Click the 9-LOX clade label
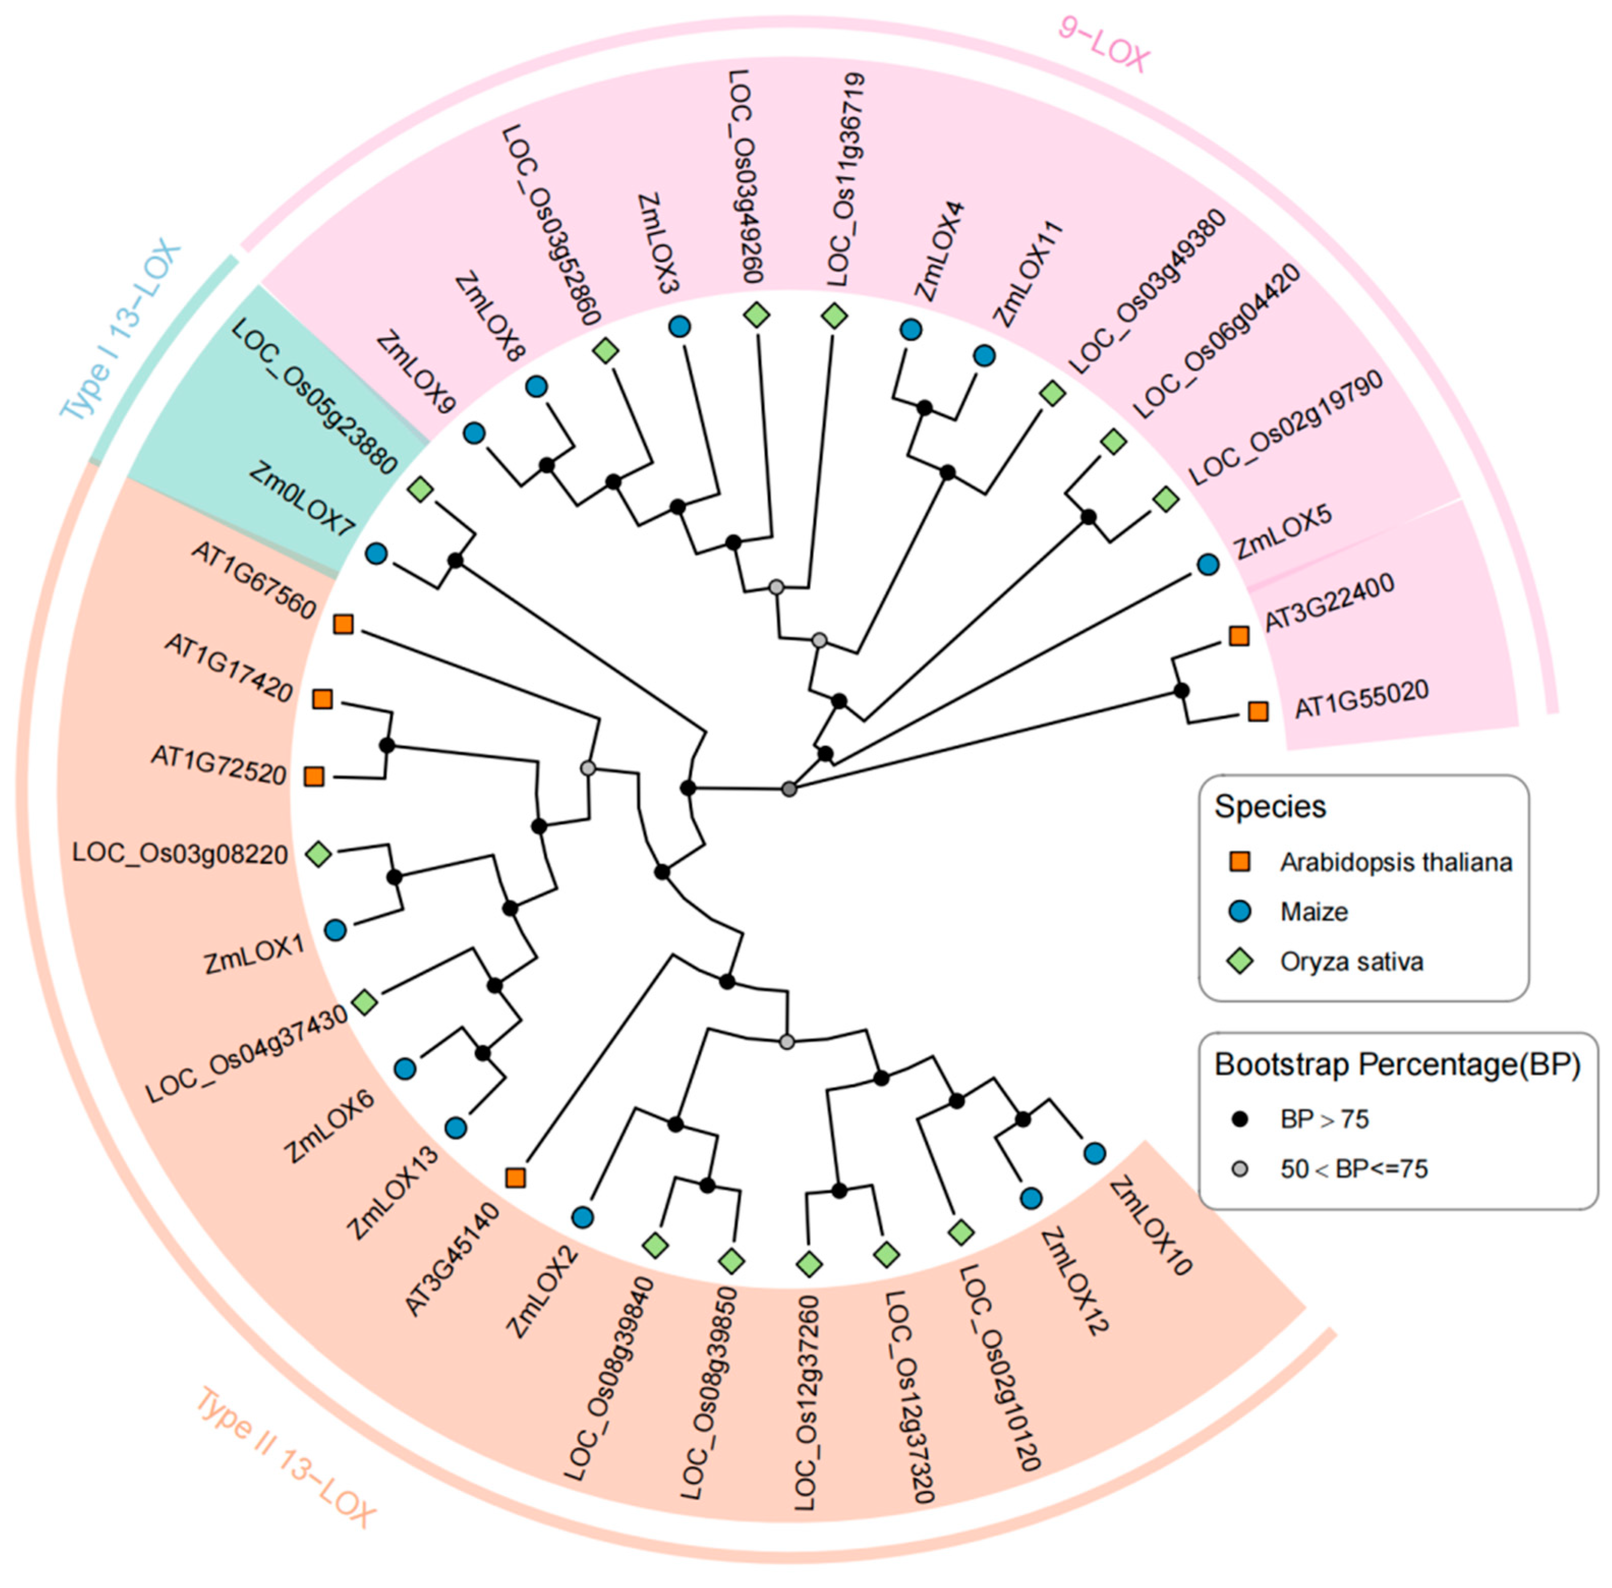pyautogui.click(x=1103, y=46)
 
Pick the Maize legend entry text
pyautogui.click(x=1313, y=912)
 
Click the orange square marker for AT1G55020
pyautogui.click(x=1257, y=712)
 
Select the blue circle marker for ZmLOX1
pyautogui.click(x=335, y=930)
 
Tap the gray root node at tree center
pyautogui.click(x=789, y=788)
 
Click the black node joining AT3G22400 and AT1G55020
pyautogui.click(x=1181, y=691)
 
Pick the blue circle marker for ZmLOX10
pyautogui.click(x=1094, y=1153)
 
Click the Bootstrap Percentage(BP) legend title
pyautogui.click(x=1397, y=1065)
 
